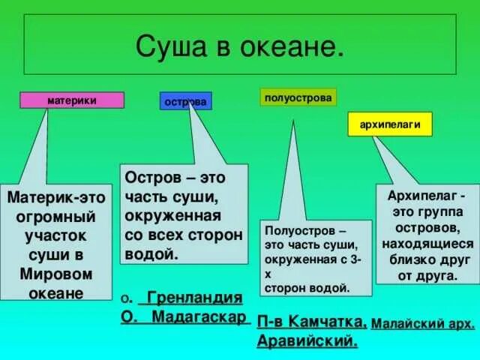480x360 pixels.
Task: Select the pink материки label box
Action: point(72,100)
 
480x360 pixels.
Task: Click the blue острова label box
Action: point(185,101)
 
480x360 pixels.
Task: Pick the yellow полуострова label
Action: point(298,97)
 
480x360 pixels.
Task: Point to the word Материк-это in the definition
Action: point(56,199)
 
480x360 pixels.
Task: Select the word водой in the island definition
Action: point(153,253)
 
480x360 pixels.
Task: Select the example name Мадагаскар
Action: point(200,316)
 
